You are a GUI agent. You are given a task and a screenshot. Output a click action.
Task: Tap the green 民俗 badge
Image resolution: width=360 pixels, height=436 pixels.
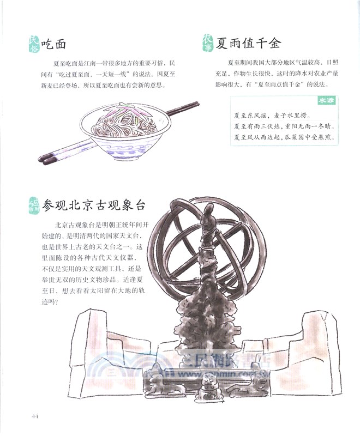coord(34,44)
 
